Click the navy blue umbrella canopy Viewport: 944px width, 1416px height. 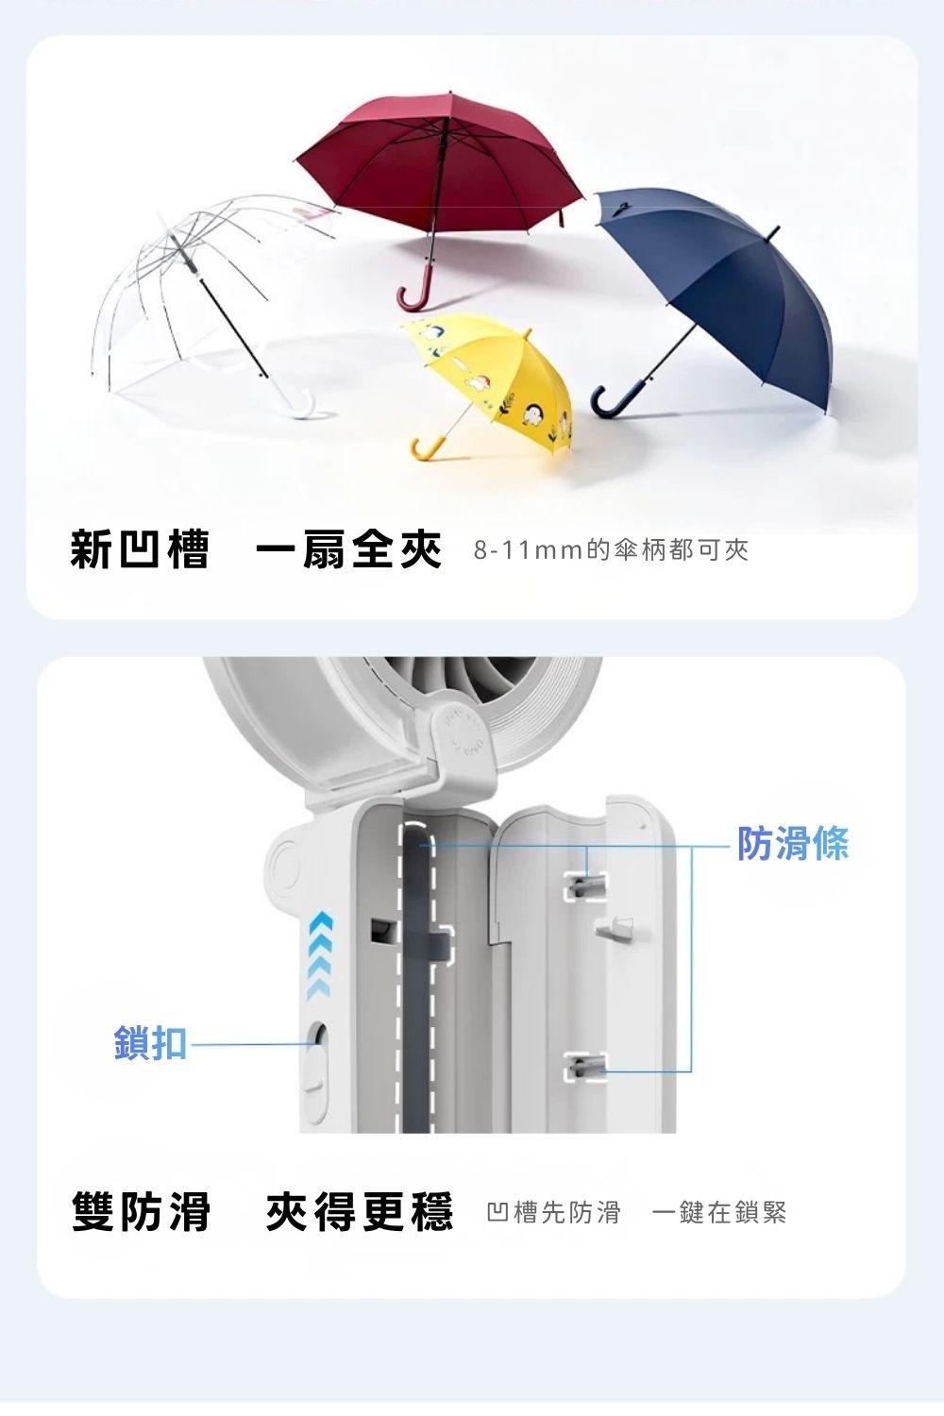pyautogui.click(x=736, y=274)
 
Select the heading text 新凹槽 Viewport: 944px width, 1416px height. pyautogui.click(x=140, y=550)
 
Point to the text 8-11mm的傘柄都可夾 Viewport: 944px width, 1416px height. pyautogui.click(x=611, y=550)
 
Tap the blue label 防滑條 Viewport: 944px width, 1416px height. pyautogui.click(x=793, y=843)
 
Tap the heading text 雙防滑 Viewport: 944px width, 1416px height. pyautogui.click(x=142, y=1211)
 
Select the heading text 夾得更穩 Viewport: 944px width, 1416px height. pyautogui.click(x=360, y=1211)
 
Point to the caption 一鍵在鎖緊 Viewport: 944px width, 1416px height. pyautogui.click(x=719, y=1212)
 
